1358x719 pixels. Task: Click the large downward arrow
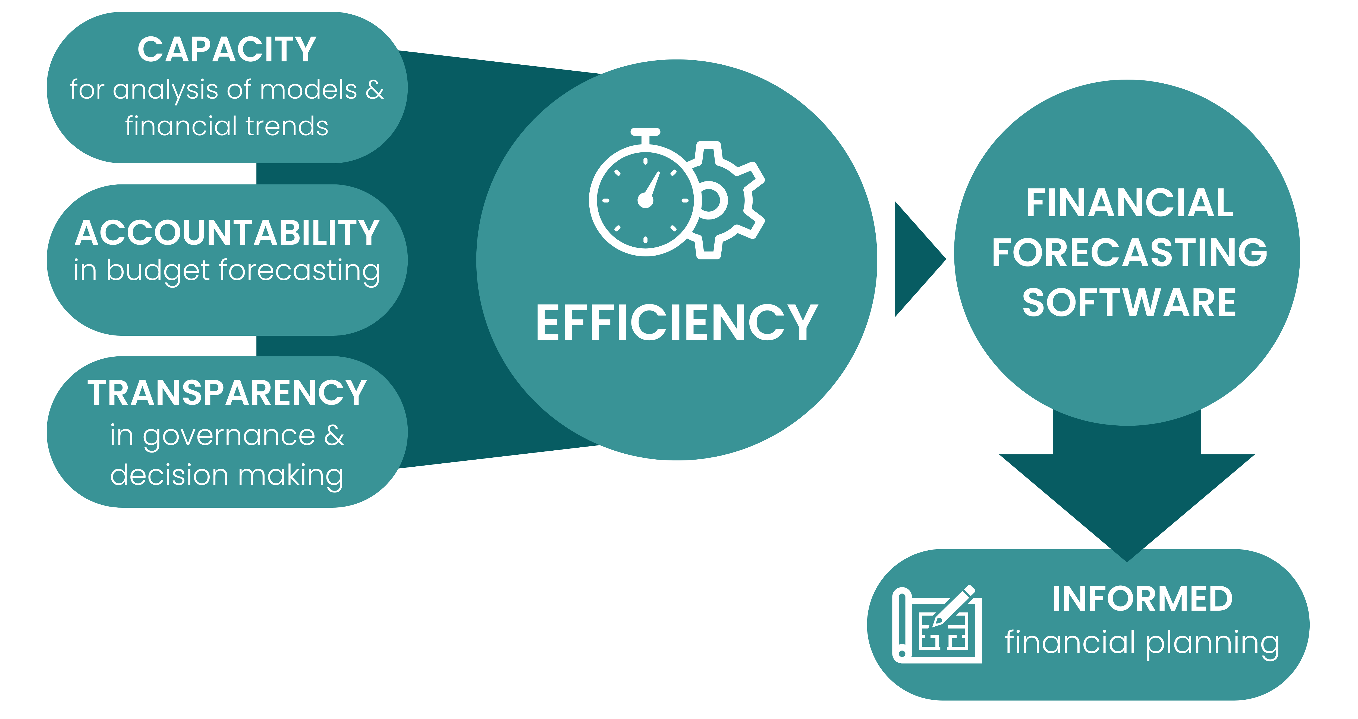[1127, 485]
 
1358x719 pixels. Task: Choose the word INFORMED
[1142, 599]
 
